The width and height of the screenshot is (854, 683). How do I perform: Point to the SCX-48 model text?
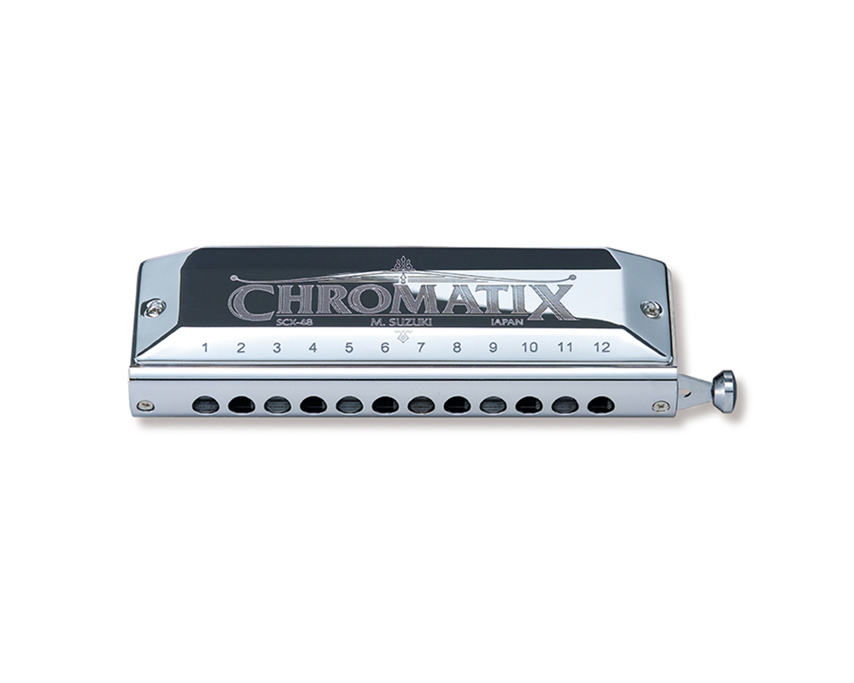pyautogui.click(x=294, y=322)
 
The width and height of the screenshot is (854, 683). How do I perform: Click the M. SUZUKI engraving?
pyautogui.click(x=401, y=322)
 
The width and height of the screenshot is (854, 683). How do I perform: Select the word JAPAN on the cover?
pyautogui.click(x=507, y=322)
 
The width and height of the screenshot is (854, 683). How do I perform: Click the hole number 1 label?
pyautogui.click(x=205, y=347)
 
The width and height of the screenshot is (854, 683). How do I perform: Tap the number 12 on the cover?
pyautogui.click(x=602, y=347)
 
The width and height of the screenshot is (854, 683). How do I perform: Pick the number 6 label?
pyautogui.click(x=384, y=347)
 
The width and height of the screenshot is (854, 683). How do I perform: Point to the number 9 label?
pyautogui.click(x=493, y=347)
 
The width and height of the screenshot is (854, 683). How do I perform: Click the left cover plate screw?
pyautogui.click(x=155, y=307)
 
